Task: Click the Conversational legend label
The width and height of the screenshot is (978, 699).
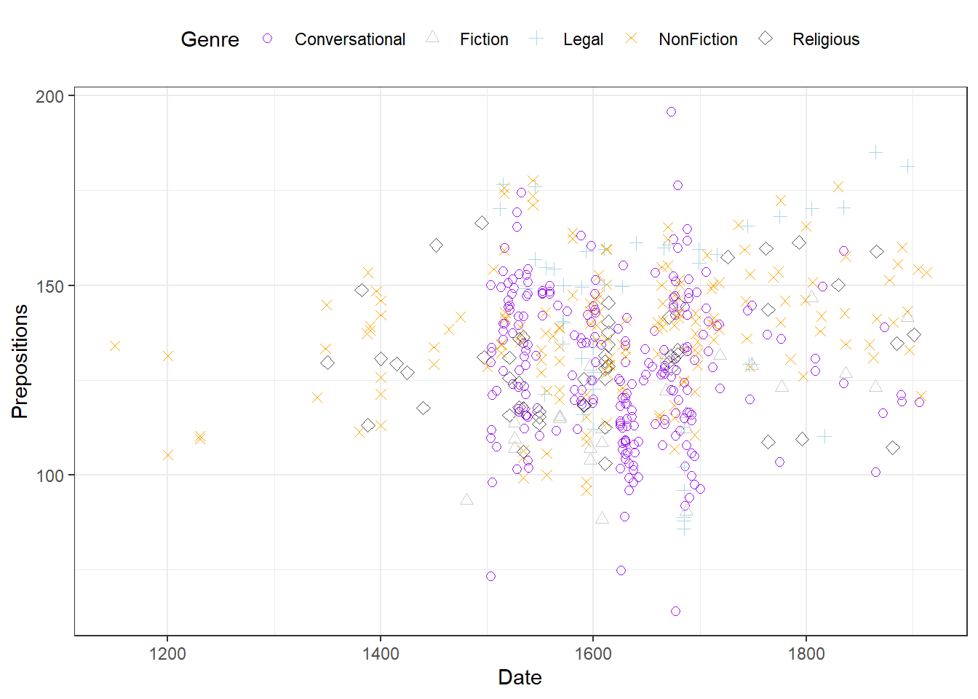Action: coord(349,39)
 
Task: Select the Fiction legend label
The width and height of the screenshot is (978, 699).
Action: coord(484,39)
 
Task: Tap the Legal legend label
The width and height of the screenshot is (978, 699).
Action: coord(583,39)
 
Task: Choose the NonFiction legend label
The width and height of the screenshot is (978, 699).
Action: coord(698,39)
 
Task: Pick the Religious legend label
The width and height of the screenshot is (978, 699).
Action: coord(826,39)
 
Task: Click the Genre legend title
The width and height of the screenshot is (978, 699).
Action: coord(210,39)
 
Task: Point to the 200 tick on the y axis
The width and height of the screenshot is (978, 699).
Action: coord(49,96)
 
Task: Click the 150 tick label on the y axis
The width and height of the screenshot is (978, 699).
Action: coord(49,286)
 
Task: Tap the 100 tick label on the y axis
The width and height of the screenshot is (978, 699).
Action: coord(49,475)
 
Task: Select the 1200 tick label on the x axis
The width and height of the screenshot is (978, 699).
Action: coord(167,653)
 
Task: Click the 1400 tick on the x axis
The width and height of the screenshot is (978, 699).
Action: coord(381,653)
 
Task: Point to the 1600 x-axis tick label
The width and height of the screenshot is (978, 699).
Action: coord(593,653)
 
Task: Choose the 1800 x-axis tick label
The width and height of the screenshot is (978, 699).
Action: coord(806,653)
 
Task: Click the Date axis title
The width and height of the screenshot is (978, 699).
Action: coord(520,677)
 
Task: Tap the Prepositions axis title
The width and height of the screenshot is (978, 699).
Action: coord(20,361)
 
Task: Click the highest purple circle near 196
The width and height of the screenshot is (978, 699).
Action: coord(671,111)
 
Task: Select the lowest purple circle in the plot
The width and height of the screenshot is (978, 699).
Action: coord(675,611)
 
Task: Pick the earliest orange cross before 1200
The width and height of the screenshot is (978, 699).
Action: coord(115,345)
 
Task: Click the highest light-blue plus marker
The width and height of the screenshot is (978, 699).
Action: coord(875,152)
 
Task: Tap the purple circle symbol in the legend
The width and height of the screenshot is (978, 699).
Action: coord(268,39)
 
